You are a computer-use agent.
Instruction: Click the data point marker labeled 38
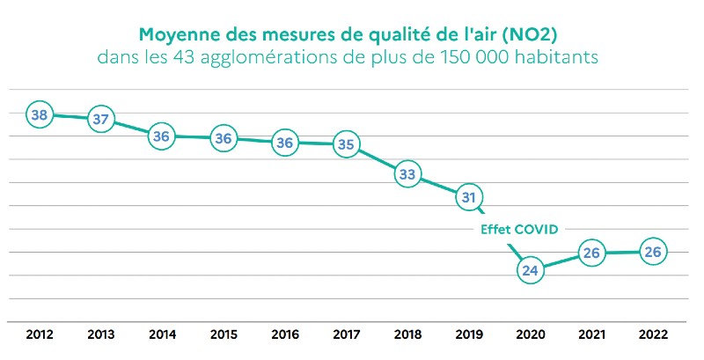point(39,114)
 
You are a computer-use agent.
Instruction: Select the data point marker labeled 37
point(100,119)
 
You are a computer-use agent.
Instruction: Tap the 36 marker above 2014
point(161,136)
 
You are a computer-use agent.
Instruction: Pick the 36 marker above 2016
point(284,143)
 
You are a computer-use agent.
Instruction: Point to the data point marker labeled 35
point(346,144)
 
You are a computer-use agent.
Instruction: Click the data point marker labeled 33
point(407,174)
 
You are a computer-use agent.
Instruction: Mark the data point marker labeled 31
point(468,197)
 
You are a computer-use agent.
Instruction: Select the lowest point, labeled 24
point(530,270)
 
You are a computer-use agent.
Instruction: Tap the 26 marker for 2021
point(591,253)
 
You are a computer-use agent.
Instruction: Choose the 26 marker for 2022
point(652,253)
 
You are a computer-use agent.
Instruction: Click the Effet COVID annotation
point(520,229)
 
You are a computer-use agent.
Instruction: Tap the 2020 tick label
point(530,334)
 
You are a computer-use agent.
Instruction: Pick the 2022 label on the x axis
point(652,334)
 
